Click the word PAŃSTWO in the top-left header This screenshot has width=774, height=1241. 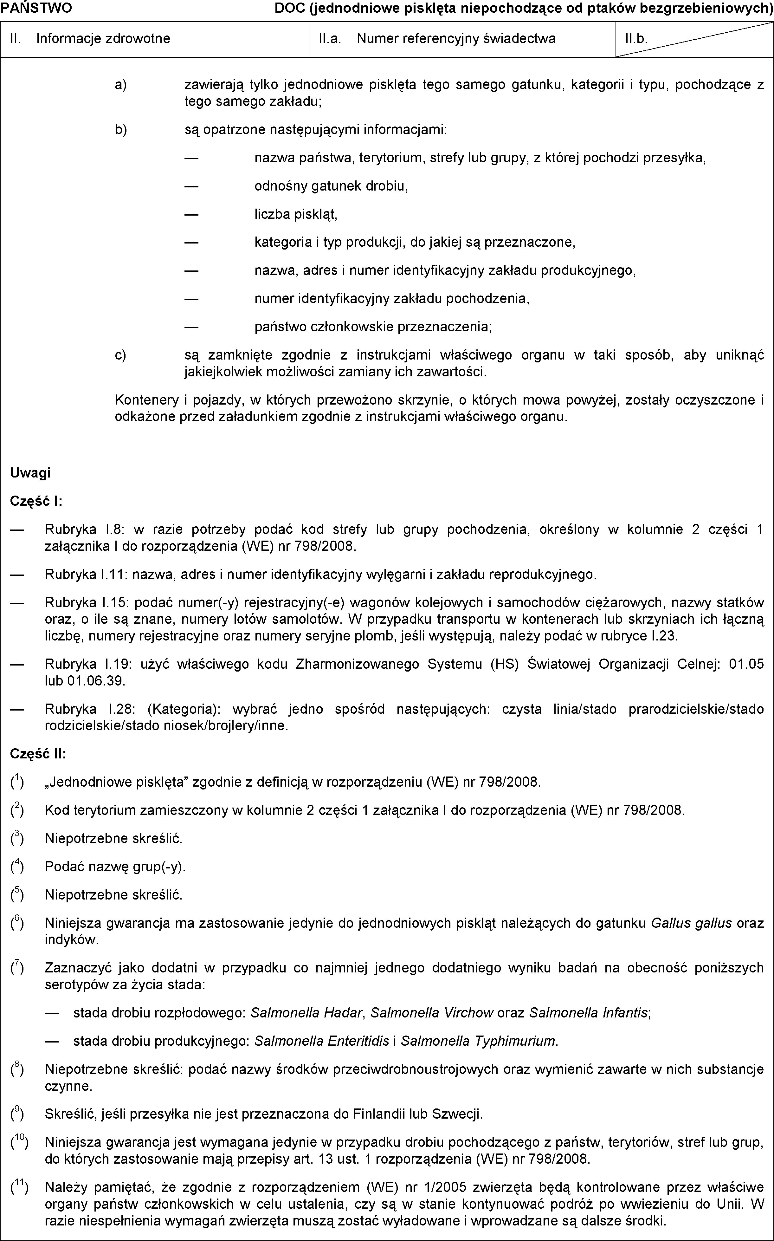[x=36, y=8]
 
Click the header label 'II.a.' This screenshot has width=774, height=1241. [x=330, y=38]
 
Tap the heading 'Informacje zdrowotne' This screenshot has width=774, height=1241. [x=103, y=38]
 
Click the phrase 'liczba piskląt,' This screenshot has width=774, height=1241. [x=296, y=214]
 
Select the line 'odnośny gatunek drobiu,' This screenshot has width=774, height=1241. [x=331, y=186]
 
